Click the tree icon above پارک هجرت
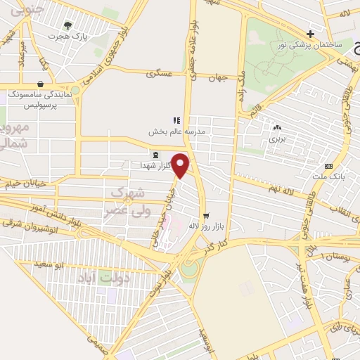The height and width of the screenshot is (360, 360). pyautogui.click(x=67, y=24)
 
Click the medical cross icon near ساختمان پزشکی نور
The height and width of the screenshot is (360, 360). pyautogui.click(x=310, y=33)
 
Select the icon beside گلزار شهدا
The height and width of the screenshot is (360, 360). pyautogui.click(x=155, y=154)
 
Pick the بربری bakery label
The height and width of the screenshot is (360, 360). pyautogui.click(x=279, y=139)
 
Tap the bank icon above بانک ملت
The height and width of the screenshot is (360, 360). pyautogui.click(x=328, y=166)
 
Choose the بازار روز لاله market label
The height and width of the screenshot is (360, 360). pyautogui.click(x=205, y=226)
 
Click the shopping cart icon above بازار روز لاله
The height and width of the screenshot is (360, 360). pyautogui.click(x=206, y=215)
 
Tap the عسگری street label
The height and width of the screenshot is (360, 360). pyautogui.click(x=159, y=72)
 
